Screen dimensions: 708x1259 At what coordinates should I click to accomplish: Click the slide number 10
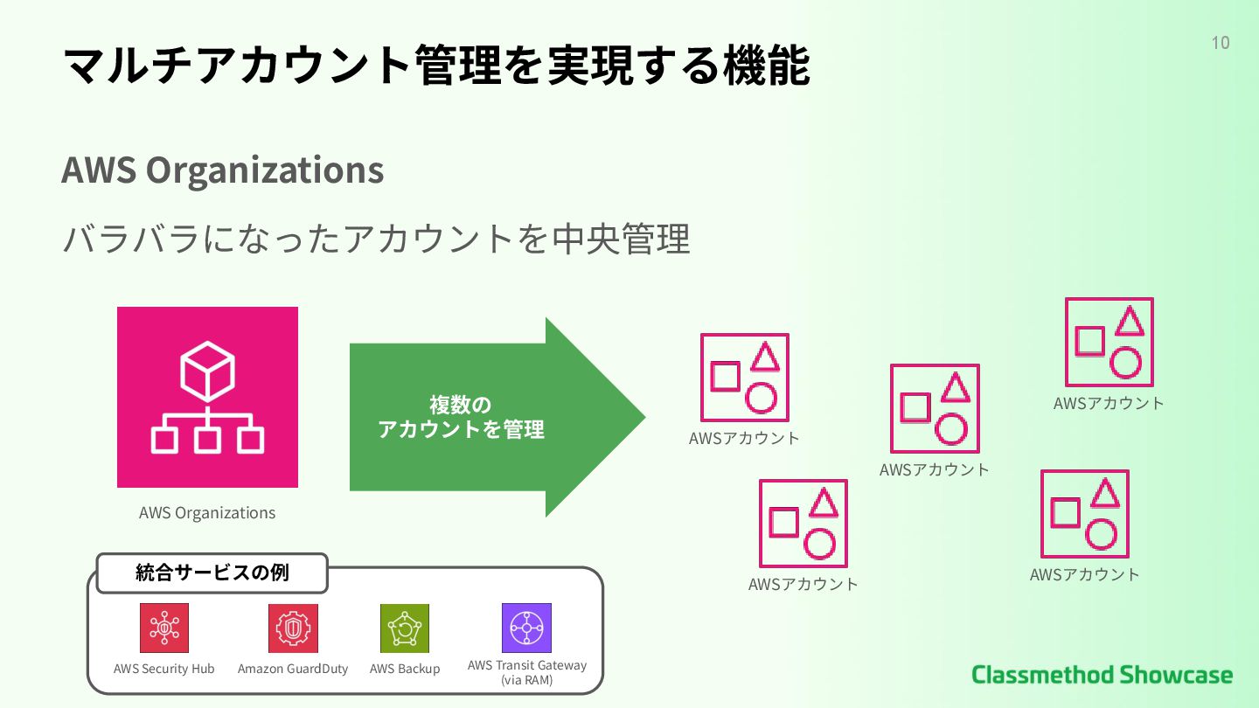pyautogui.click(x=1220, y=43)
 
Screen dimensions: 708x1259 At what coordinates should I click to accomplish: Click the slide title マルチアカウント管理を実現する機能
pyautogui.click(x=436, y=65)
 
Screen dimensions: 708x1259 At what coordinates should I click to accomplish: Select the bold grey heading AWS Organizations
pyautogui.click(x=223, y=170)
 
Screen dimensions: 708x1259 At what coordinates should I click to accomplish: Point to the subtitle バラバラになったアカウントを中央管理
pyautogui.click(x=376, y=239)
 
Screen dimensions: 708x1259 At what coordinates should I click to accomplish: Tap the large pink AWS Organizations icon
pyautogui.click(x=207, y=397)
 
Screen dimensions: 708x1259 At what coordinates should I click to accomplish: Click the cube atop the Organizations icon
pyautogui.click(x=207, y=371)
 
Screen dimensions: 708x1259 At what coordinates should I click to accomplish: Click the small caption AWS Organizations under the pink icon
pyautogui.click(x=207, y=513)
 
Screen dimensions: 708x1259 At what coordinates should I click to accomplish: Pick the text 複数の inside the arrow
pyautogui.click(x=461, y=405)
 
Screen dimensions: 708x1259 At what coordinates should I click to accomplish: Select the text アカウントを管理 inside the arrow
pyautogui.click(x=461, y=429)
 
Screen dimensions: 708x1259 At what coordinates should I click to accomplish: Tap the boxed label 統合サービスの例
pyautogui.click(x=212, y=573)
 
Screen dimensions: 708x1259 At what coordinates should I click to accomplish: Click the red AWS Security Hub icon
pyautogui.click(x=164, y=628)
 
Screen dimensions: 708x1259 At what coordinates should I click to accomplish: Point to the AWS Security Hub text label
pyautogui.click(x=164, y=669)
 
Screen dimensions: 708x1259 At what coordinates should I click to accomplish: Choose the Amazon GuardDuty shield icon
pyautogui.click(x=293, y=628)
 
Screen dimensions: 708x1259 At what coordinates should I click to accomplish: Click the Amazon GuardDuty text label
pyautogui.click(x=293, y=669)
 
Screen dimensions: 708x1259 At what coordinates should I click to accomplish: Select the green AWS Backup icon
pyautogui.click(x=405, y=628)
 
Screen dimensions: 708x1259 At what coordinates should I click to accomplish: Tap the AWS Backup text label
pyautogui.click(x=405, y=669)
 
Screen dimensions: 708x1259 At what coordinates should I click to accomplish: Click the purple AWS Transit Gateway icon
pyautogui.click(x=526, y=628)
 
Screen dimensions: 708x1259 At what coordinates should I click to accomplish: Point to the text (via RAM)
pyautogui.click(x=526, y=679)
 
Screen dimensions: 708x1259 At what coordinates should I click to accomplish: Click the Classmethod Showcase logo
pyautogui.click(x=1102, y=675)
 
